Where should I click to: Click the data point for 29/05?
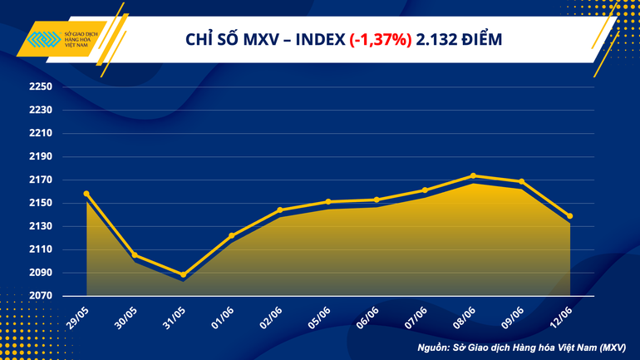(86, 194)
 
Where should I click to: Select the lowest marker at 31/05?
(183, 274)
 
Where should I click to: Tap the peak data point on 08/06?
(473, 175)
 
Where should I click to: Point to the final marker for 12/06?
(569, 216)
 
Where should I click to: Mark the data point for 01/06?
(231, 235)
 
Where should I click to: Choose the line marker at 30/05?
(135, 255)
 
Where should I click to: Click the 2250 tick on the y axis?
(40, 87)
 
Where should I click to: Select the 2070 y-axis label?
(40, 296)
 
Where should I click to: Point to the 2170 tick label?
(40, 180)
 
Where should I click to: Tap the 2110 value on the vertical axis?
(40, 249)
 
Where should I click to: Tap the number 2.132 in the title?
(436, 40)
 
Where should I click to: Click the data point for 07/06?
(425, 190)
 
